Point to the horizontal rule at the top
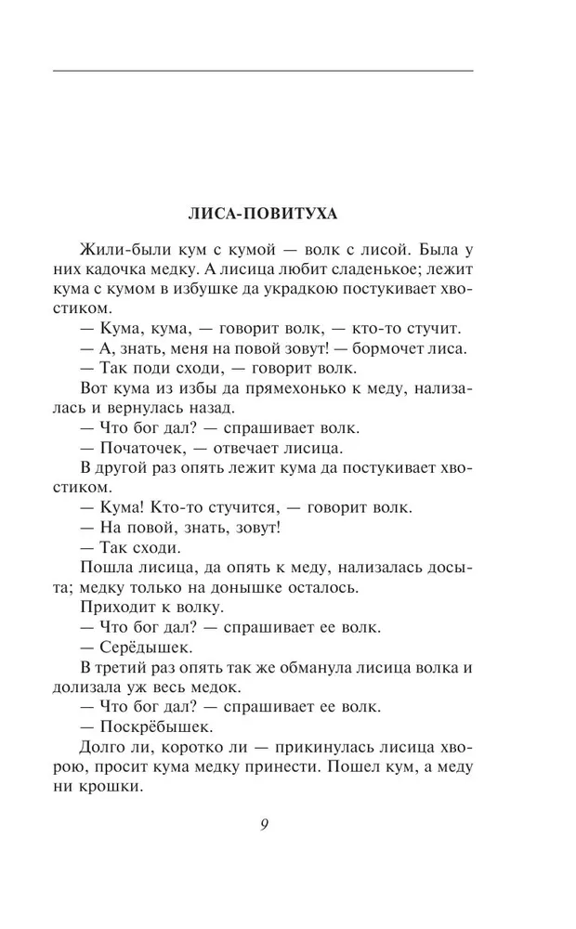263,72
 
